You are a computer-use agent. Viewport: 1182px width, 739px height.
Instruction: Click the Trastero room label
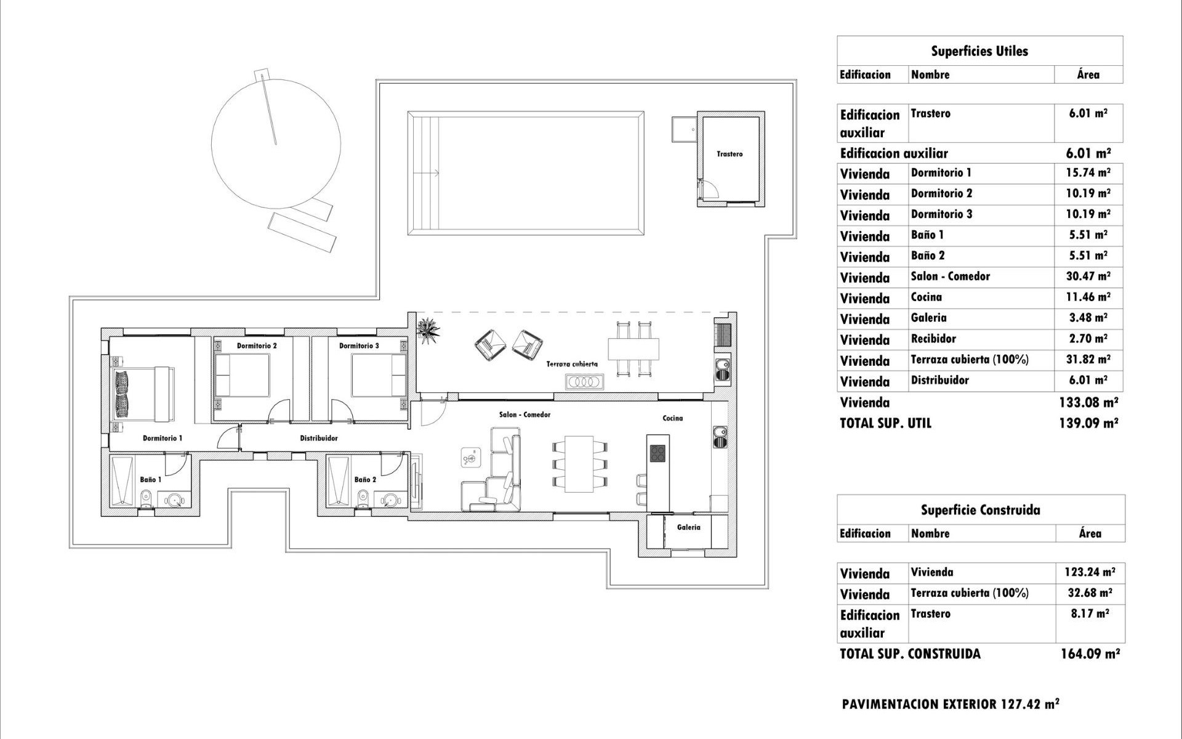pyautogui.click(x=730, y=154)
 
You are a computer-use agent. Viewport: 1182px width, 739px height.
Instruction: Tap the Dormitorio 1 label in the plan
pyautogui.click(x=163, y=438)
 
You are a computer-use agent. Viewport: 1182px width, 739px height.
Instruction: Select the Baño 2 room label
pyautogui.click(x=365, y=480)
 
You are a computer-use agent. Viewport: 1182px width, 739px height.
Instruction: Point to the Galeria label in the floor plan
pyautogui.click(x=688, y=527)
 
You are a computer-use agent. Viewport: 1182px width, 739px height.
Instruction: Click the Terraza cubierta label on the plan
pyautogui.click(x=572, y=364)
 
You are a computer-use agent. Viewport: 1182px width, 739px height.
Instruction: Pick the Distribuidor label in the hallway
pyautogui.click(x=318, y=438)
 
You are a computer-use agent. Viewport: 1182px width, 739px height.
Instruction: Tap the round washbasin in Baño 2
pyautogui.click(x=390, y=500)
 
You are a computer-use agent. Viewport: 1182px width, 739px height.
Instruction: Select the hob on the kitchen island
pyautogui.click(x=657, y=453)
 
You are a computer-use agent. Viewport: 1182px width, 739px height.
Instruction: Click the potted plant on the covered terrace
pyautogui.click(x=428, y=328)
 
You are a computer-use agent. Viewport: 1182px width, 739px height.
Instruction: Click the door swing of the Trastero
pyautogui.click(x=710, y=187)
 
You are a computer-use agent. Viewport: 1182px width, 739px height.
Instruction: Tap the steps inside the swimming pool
pyautogui.click(x=423, y=173)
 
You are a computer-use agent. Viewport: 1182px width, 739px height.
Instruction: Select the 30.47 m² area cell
pyautogui.click(x=1088, y=277)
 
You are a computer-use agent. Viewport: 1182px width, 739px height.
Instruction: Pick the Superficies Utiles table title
pyautogui.click(x=979, y=51)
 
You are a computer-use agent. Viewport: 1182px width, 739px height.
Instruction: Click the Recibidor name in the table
pyautogui.click(x=933, y=339)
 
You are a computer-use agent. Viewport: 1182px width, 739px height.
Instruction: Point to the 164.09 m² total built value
pyautogui.click(x=1090, y=653)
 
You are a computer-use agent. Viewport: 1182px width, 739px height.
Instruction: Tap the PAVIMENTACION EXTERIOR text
pyautogui.click(x=951, y=704)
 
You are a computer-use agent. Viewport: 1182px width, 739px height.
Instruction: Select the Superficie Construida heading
pyautogui.click(x=980, y=510)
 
